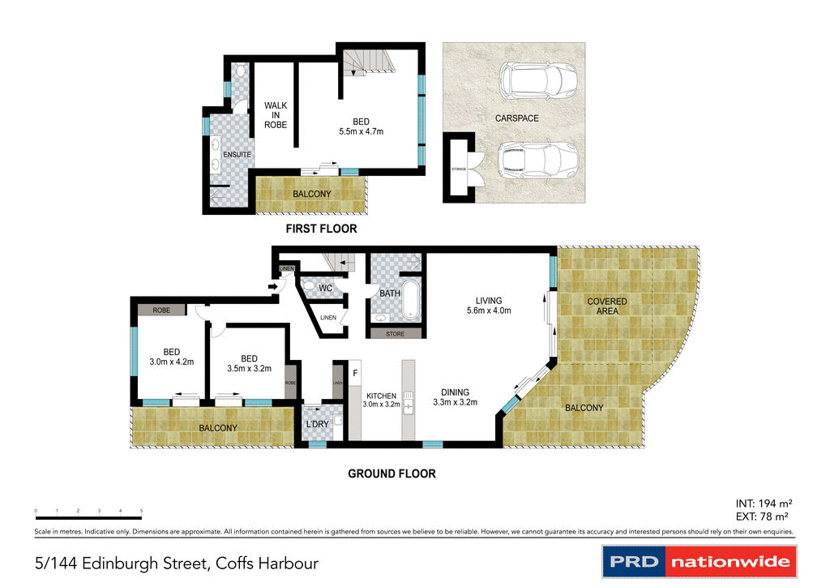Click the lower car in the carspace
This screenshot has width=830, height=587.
[537, 161]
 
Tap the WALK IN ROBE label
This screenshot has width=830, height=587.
[276, 115]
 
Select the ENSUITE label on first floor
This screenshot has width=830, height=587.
[237, 154]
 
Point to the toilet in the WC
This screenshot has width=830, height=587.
[308, 286]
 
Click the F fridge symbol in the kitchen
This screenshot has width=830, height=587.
[355, 373]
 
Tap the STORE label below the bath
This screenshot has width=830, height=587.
[395, 333]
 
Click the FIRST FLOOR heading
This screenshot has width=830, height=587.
[321, 229]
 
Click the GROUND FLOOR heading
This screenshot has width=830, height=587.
[391, 473]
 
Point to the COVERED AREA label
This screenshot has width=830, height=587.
[607, 306]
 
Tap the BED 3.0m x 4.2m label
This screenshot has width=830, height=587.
[171, 357]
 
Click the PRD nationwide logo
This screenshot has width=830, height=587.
[700, 561]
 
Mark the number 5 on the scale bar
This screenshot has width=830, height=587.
[142, 511]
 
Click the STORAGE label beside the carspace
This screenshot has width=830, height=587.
[459, 169]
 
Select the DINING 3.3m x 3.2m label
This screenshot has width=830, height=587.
[456, 396]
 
